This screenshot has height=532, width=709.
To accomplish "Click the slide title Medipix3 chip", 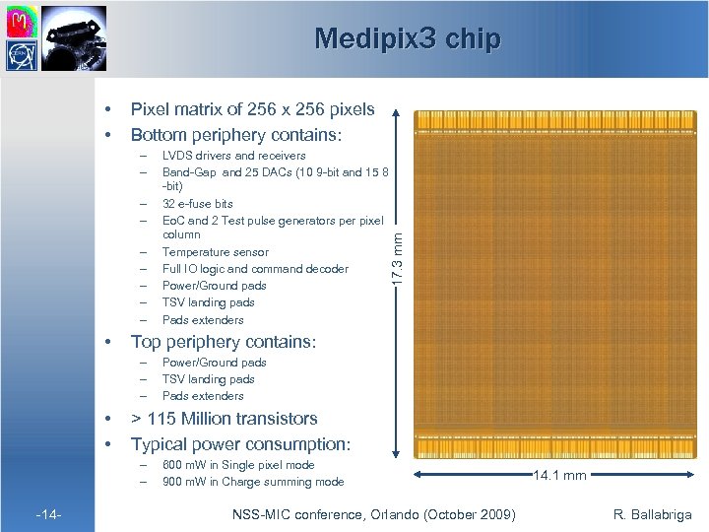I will coord(407,38).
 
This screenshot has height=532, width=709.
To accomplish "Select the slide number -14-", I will coord(48,513).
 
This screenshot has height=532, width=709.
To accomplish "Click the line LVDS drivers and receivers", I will coord(233,156).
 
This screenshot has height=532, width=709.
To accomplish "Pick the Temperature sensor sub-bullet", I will coord(214,252).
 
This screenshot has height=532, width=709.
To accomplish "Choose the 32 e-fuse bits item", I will coord(197,204).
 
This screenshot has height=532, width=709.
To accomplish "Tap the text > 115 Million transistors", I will coord(224,419).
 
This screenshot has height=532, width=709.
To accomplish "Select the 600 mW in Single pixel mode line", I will coord(238,465).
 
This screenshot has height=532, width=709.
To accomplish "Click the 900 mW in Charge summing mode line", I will coord(252,482).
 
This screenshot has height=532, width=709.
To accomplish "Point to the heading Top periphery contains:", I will coord(223,342).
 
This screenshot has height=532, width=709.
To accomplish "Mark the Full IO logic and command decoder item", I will coord(255,269).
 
